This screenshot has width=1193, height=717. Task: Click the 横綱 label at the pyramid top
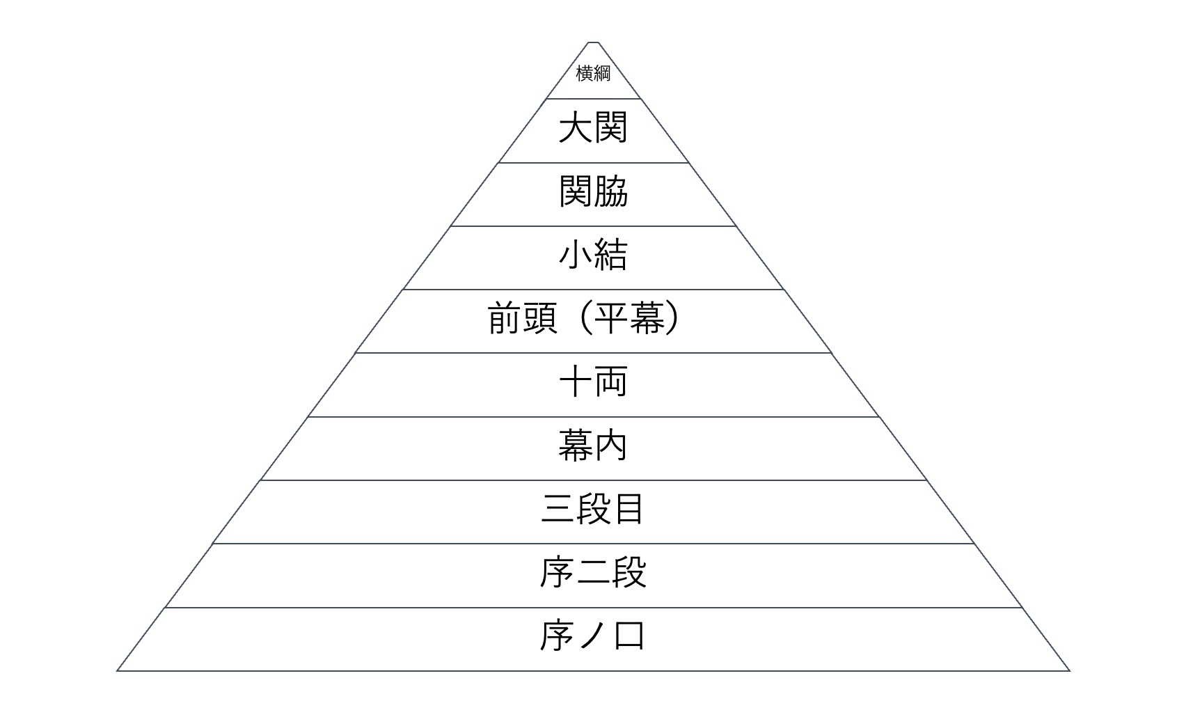(x=593, y=73)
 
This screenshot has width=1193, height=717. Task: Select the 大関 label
(x=593, y=127)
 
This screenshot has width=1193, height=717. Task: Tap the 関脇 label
(x=593, y=191)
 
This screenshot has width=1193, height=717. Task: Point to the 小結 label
(x=593, y=255)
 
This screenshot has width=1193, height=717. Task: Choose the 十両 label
(x=593, y=381)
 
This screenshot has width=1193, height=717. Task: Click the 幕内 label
(x=593, y=446)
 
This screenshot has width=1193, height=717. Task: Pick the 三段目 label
(x=593, y=509)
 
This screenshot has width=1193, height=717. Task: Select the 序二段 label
(x=593, y=572)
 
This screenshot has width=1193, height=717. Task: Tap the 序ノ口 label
(x=593, y=636)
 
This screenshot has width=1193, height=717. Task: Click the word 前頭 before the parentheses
(x=523, y=318)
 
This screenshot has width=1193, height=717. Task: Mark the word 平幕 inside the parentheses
(x=629, y=318)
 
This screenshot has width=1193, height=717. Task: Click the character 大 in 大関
(x=575, y=127)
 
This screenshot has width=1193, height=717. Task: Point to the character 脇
(x=611, y=191)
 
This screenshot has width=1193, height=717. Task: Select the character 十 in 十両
(x=575, y=381)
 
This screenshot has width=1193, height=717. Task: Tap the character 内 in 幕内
(x=611, y=446)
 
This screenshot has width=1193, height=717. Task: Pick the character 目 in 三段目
(x=629, y=509)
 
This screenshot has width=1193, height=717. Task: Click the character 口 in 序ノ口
(x=630, y=636)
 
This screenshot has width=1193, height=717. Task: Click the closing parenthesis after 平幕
(x=672, y=318)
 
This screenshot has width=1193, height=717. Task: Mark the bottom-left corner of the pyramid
(x=117, y=670)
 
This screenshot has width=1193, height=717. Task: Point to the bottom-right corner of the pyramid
(x=1070, y=670)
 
